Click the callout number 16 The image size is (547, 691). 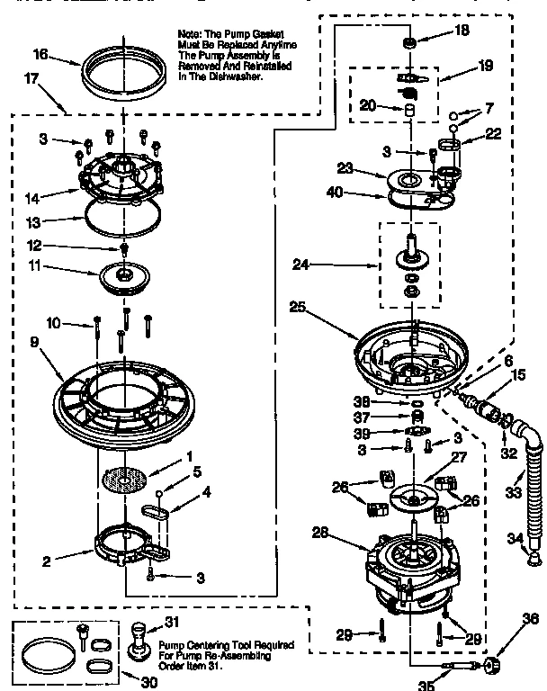(40, 55)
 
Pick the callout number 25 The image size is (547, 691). (299, 307)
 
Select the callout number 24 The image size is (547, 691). (300, 265)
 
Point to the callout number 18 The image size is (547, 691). (461, 31)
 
